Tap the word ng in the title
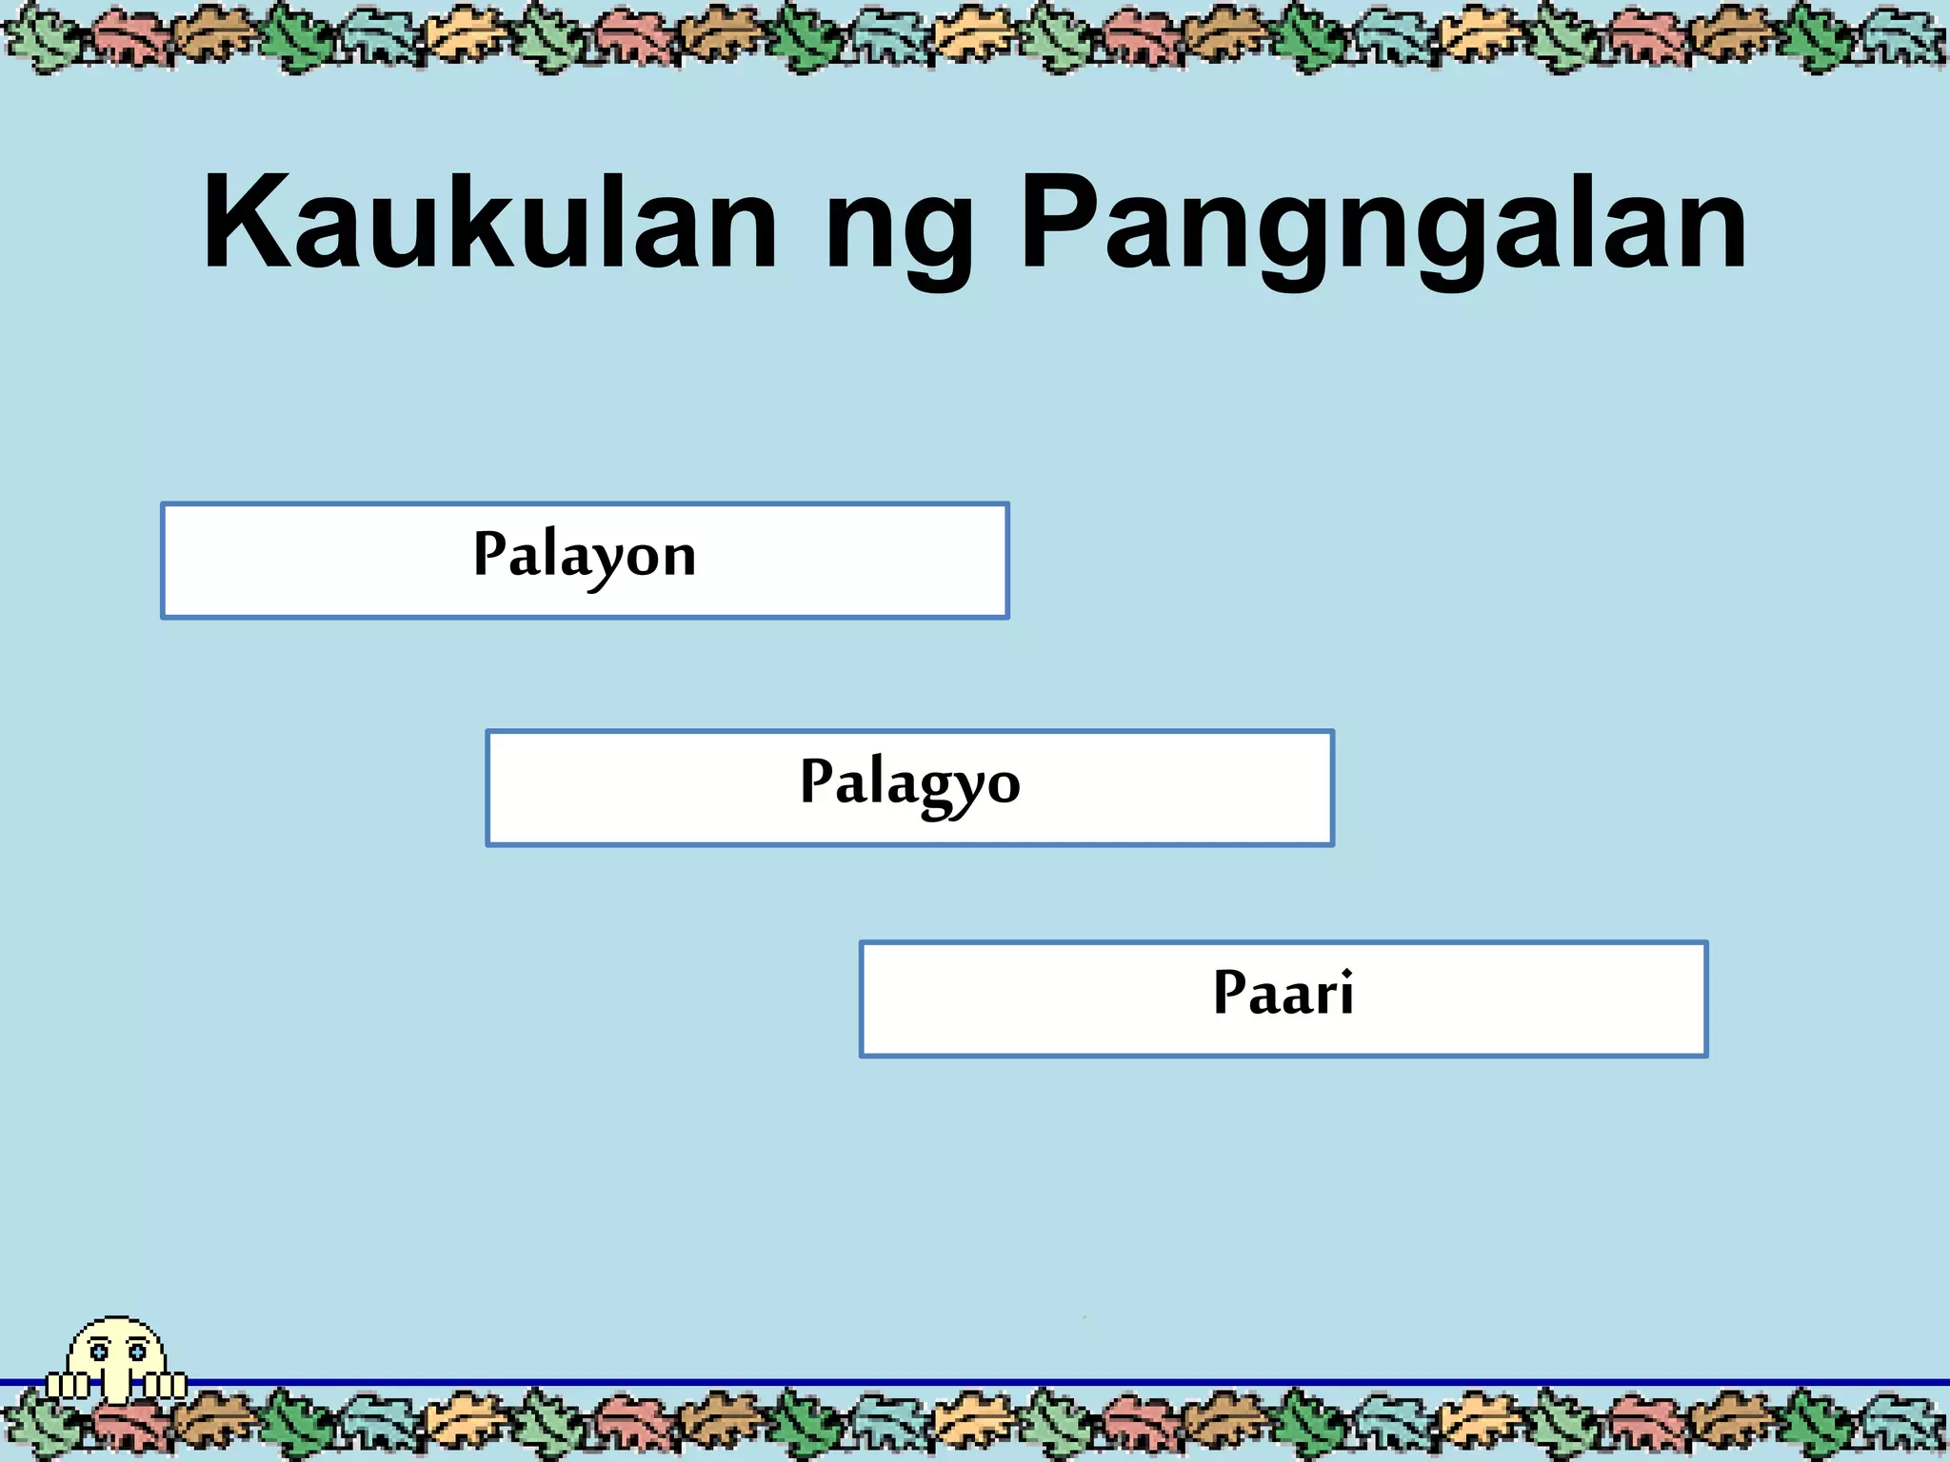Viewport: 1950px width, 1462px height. click(x=900, y=233)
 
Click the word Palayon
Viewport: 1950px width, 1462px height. click(x=585, y=556)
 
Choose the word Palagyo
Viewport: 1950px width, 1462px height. click(x=909, y=783)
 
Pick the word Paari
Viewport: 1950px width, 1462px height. click(x=1283, y=994)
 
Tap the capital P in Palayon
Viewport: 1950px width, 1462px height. click(x=490, y=552)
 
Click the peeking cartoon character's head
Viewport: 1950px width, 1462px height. click(x=116, y=1352)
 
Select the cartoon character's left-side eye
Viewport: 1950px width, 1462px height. click(x=98, y=1352)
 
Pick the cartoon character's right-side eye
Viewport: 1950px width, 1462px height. click(x=137, y=1352)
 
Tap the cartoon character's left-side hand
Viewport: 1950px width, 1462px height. click(x=68, y=1385)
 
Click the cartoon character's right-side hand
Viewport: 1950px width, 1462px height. click(x=166, y=1385)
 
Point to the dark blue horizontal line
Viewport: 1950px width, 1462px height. click(x=1047, y=1382)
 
